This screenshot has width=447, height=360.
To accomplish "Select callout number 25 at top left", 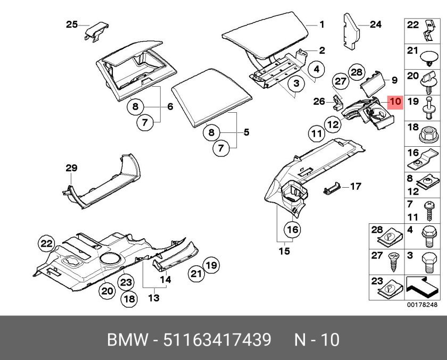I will pos(72,24).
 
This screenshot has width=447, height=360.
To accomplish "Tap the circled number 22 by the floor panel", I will pos(47,244).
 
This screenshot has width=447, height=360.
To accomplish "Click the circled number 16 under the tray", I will pos(292,230).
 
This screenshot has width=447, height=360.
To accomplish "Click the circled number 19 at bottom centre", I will pos(211,265).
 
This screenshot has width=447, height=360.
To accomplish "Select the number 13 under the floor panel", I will pos(153,298).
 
